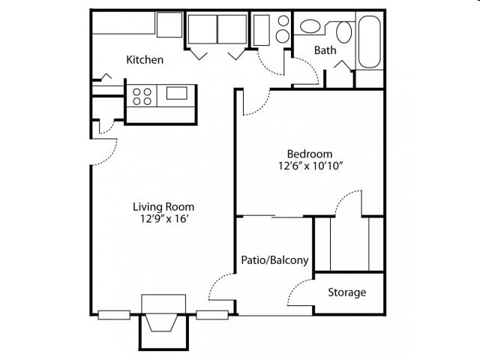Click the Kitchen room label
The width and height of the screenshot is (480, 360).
[x=145, y=60]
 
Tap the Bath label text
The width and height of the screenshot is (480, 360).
[x=325, y=50]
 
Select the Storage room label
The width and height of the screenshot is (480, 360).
[x=346, y=292]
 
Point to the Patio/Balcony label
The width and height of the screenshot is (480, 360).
[x=274, y=260]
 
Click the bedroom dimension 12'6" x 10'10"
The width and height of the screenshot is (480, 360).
[x=310, y=166]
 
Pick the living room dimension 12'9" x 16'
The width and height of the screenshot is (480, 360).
[x=163, y=219]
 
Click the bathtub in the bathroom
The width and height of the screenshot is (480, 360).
[x=370, y=42]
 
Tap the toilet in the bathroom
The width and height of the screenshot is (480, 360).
[x=343, y=31]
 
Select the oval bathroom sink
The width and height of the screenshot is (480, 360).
[x=310, y=26]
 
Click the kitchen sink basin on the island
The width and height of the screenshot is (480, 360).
[x=177, y=93]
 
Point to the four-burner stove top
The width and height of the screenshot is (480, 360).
[x=142, y=96]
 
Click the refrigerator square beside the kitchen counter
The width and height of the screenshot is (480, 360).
[x=169, y=25]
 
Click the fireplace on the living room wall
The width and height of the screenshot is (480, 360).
[x=163, y=322]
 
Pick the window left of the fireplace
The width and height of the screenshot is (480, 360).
[x=114, y=315]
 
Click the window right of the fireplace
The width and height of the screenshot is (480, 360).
[x=212, y=315]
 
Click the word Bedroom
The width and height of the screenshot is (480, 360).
[x=310, y=154]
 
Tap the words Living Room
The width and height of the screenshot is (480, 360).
[x=163, y=207]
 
